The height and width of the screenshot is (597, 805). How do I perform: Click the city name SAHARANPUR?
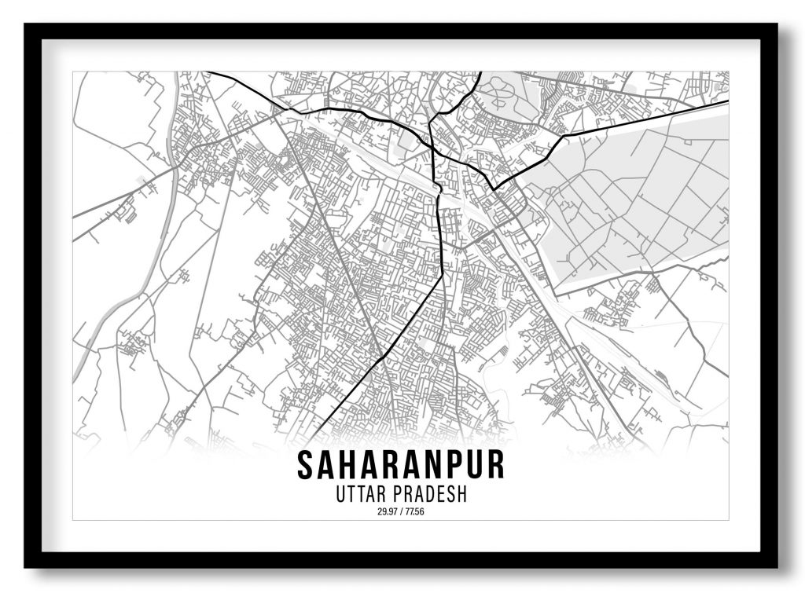(x=400, y=465)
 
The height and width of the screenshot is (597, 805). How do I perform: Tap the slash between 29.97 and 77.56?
(x=401, y=512)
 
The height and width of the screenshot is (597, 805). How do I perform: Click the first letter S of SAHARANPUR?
(x=305, y=465)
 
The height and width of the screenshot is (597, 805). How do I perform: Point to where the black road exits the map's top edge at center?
(x=480, y=73)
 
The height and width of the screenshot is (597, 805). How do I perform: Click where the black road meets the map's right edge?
(x=726, y=101)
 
